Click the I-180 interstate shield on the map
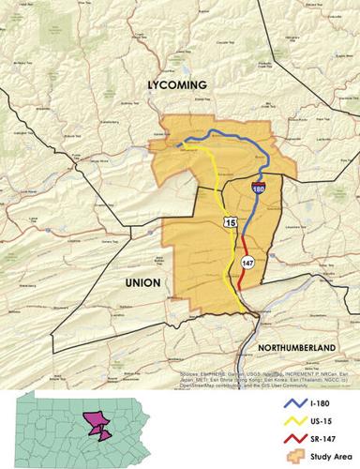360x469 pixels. [x=257, y=188]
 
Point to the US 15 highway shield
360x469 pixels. [x=231, y=220]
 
